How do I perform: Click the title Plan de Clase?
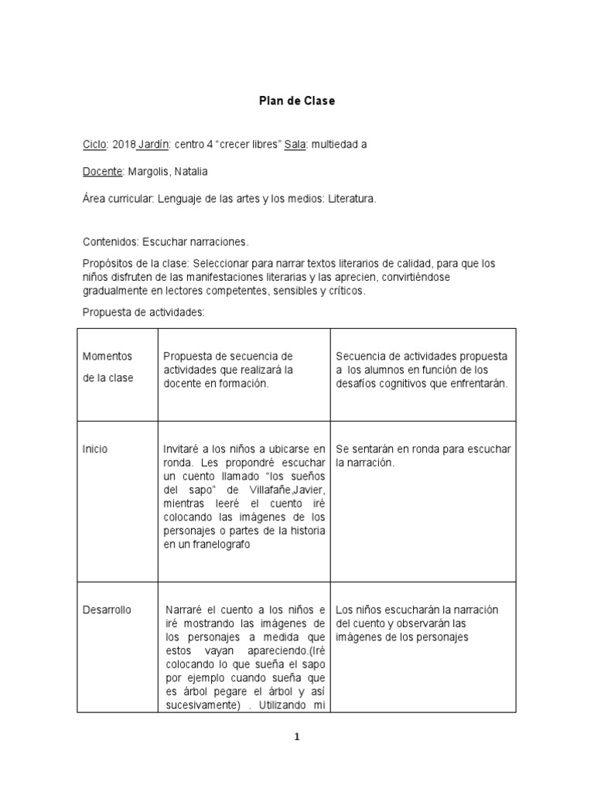297,101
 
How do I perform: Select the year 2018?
124,144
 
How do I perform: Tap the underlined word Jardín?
155,144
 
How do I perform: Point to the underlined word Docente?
102,171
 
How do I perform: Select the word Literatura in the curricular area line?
352,199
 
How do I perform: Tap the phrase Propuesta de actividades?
143,312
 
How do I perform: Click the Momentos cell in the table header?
108,357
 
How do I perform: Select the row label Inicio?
95,449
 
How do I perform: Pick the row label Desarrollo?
107,609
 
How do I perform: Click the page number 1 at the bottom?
297,737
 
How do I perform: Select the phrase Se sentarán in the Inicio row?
363,449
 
